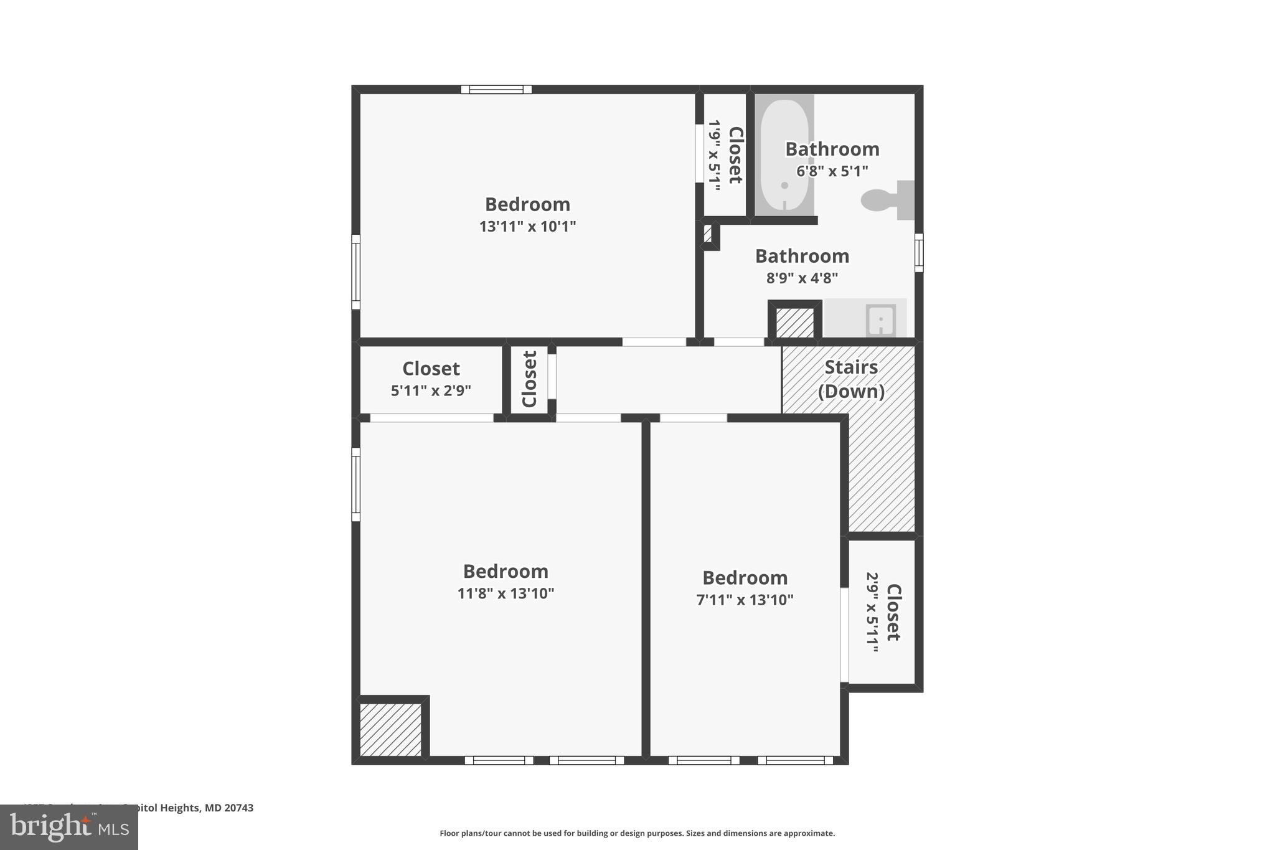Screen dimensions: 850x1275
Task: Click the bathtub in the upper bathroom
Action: (784, 155)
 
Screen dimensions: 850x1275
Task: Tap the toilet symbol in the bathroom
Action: (887, 200)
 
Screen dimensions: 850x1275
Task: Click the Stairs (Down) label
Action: (851, 379)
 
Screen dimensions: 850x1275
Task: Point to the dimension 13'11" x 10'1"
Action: (527, 226)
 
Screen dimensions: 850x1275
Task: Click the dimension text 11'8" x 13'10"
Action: (506, 593)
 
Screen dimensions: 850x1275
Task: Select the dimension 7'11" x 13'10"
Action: (745, 600)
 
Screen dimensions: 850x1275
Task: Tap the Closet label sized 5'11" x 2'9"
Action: (431, 369)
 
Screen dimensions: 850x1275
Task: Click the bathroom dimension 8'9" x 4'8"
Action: (802, 278)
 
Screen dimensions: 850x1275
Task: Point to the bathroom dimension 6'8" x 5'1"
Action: (832, 171)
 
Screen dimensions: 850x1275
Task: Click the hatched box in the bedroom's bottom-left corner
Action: (390, 729)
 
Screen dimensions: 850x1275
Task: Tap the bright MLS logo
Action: (69, 827)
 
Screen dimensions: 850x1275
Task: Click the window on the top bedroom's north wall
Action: (496, 90)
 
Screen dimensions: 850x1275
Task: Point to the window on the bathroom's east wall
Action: (918, 253)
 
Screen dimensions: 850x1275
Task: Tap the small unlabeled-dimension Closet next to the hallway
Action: (529, 379)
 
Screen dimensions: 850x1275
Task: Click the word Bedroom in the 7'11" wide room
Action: (745, 578)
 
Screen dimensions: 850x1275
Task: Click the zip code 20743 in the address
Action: (239, 808)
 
